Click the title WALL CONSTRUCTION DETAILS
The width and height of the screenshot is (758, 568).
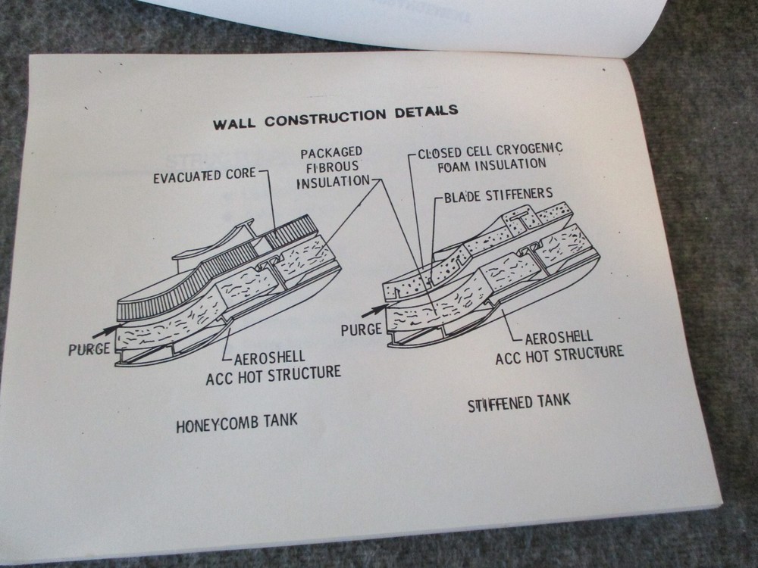(335, 116)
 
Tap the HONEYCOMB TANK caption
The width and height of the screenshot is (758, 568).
(236, 423)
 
